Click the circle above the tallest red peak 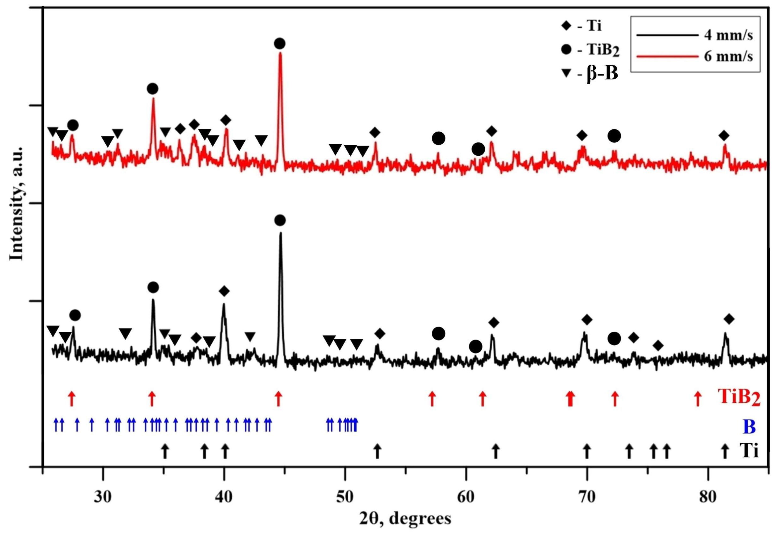(x=279, y=43)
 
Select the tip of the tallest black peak (x=281, y=233)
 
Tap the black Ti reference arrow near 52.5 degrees (x=378, y=451)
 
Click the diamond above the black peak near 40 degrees (x=224, y=291)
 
